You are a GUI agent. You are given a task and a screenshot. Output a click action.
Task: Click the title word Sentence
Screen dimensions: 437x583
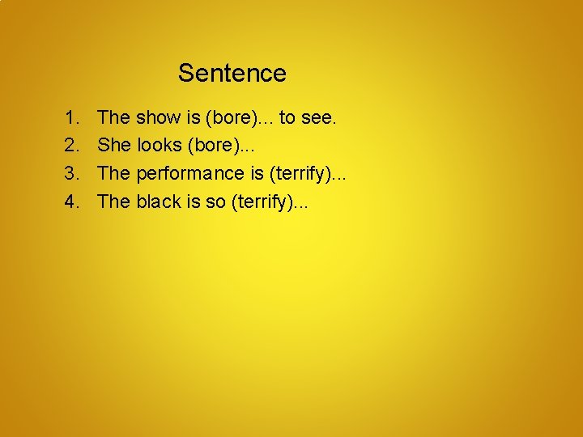tap(232, 73)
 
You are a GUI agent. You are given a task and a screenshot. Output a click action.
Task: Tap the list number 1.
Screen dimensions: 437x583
tap(70, 118)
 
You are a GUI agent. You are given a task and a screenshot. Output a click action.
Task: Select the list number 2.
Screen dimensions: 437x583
tap(70, 146)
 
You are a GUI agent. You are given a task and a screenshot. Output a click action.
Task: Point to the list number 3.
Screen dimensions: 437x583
tap(70, 173)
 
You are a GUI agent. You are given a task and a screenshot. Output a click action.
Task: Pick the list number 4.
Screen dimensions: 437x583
tap(70, 201)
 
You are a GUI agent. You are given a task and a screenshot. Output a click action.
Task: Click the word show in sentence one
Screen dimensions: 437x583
tap(158, 118)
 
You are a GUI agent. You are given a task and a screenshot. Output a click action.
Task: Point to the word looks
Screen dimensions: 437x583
tap(160, 146)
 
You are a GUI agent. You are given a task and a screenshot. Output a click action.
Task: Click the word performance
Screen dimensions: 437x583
tap(189, 173)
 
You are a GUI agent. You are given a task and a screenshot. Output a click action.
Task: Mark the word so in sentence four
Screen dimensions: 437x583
tap(215, 201)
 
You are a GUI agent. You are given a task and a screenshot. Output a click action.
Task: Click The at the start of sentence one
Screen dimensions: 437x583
tap(113, 118)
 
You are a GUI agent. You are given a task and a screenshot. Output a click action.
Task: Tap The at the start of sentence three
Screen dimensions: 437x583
tap(113, 173)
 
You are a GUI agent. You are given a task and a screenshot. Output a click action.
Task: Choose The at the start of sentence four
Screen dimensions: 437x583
tap(113, 201)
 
